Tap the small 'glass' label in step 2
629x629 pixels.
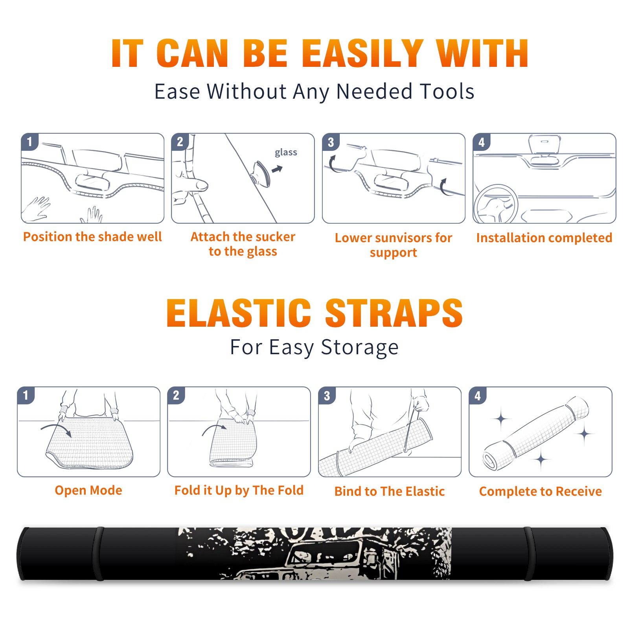[x=286, y=153]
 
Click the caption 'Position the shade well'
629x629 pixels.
[x=92, y=237]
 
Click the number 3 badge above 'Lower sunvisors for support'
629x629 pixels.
[x=331, y=142]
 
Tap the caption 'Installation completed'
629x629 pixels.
[x=544, y=237]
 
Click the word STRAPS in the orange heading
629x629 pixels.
[x=394, y=313]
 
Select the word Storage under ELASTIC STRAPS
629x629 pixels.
[x=360, y=348]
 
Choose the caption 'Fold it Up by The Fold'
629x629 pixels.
[x=239, y=490]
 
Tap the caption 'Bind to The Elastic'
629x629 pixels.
[x=390, y=491]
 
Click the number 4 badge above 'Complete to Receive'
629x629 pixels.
[x=478, y=395]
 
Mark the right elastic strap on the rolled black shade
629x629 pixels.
[x=529, y=554]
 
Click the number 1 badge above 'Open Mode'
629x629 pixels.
[x=26, y=395]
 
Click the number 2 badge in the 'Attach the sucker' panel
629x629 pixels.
[x=180, y=142]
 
